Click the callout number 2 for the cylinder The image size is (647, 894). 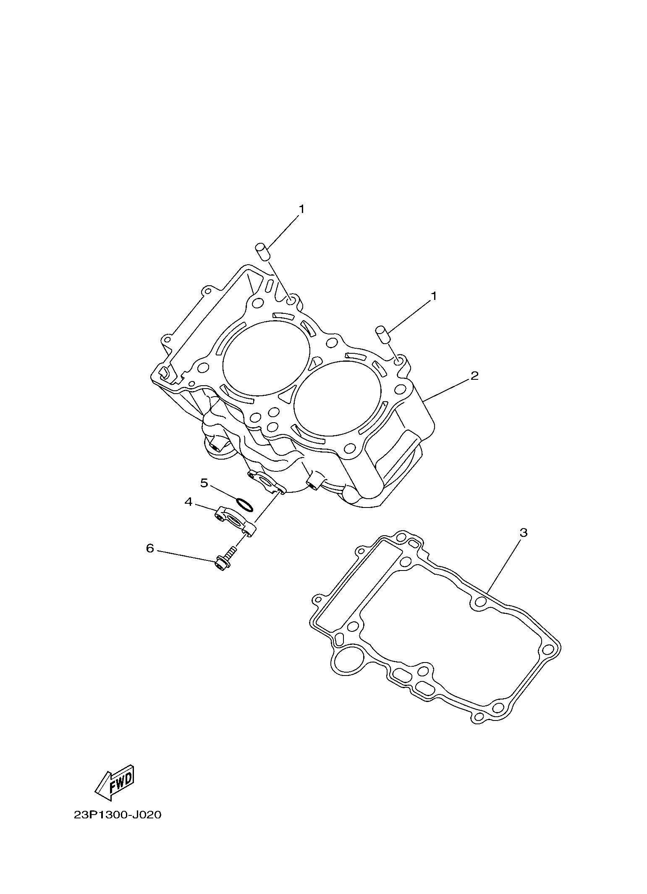[474, 376]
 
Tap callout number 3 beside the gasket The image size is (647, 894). [523, 533]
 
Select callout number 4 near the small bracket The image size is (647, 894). [189, 502]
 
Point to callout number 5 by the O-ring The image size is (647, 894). [204, 483]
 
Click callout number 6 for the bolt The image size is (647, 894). [150, 548]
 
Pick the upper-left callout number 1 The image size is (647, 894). [301, 209]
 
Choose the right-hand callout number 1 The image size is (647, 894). [434, 296]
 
